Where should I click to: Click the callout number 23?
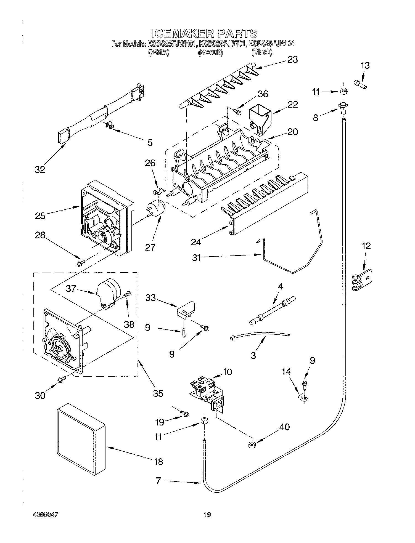292,59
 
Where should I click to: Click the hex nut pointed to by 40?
251,444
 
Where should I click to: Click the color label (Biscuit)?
210,52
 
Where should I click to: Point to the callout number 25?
40,215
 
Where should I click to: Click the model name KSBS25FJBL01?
271,44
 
